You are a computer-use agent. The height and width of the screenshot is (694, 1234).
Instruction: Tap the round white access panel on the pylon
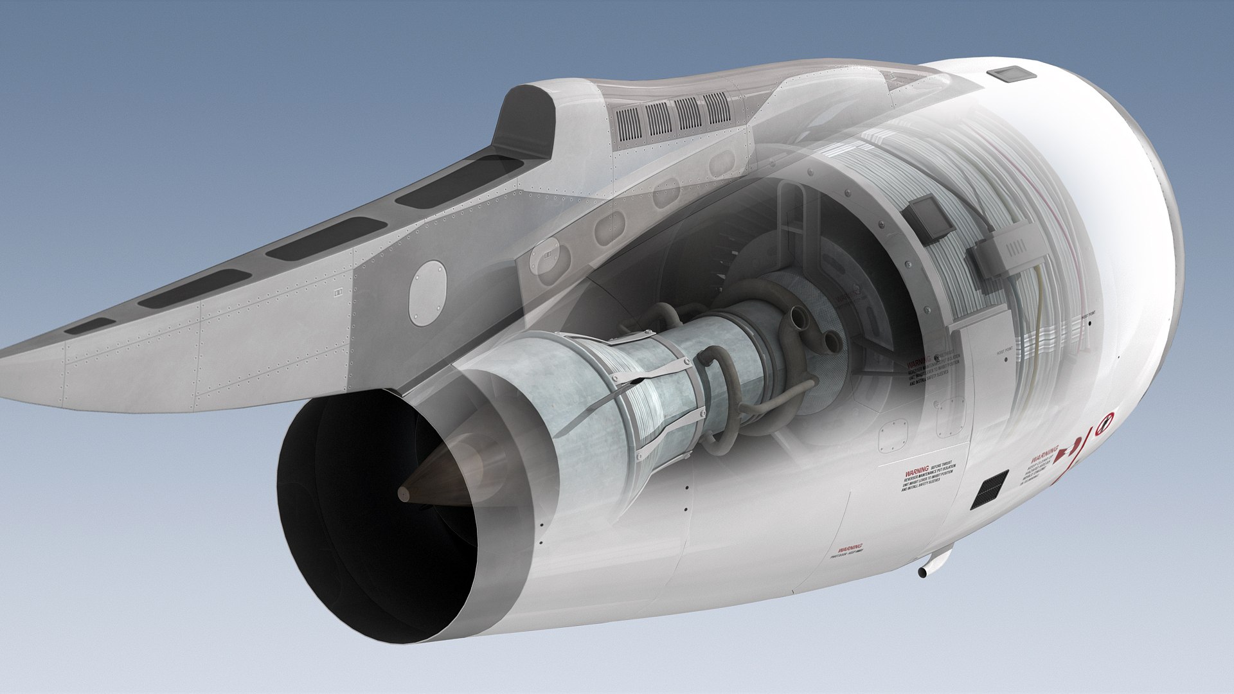tap(427, 291)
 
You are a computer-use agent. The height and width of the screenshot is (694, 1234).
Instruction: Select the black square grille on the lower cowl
tap(989, 490)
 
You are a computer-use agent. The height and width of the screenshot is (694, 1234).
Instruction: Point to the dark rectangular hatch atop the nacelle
tap(1012, 75)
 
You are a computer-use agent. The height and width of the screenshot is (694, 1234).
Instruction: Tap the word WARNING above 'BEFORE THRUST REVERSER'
tap(917, 471)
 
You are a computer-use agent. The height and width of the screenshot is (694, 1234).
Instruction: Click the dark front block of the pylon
tap(527, 122)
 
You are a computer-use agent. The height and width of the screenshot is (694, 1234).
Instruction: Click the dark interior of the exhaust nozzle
tap(360, 527)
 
